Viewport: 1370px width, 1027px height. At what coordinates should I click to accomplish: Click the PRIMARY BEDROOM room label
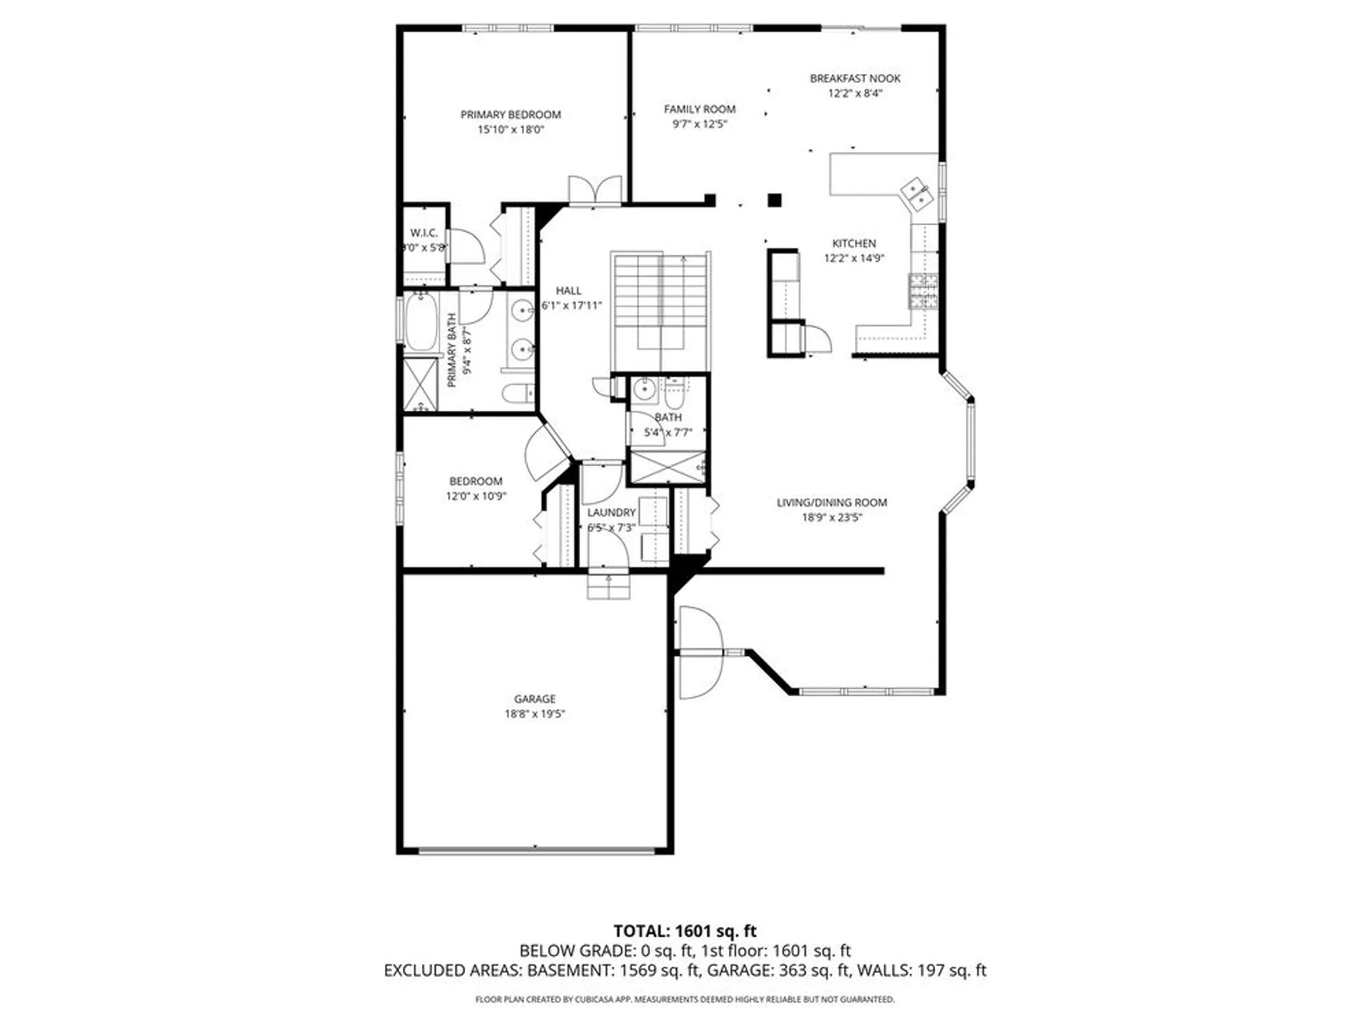pyautogui.click(x=510, y=114)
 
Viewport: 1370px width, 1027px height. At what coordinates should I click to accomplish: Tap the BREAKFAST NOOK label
pyautogui.click(x=855, y=79)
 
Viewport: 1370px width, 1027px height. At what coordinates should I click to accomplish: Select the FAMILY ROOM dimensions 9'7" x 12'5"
pyautogui.click(x=699, y=124)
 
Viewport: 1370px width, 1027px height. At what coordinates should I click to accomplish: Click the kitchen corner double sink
pyautogui.click(x=917, y=192)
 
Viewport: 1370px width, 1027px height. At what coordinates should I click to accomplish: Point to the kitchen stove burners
pyautogui.click(x=923, y=290)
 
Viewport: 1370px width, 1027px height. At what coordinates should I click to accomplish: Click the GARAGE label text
pyautogui.click(x=534, y=698)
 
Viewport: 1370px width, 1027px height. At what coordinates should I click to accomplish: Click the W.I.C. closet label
pyautogui.click(x=423, y=233)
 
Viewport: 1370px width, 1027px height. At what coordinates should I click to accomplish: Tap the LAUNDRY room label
pyautogui.click(x=611, y=512)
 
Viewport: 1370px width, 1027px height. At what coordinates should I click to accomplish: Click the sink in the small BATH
pyautogui.click(x=644, y=390)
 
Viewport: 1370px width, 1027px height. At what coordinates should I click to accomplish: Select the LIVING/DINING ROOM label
pyautogui.click(x=832, y=503)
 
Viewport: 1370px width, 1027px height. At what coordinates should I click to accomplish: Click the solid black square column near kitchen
pyautogui.click(x=774, y=200)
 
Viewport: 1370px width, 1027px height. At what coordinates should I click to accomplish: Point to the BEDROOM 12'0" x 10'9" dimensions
pyautogui.click(x=475, y=496)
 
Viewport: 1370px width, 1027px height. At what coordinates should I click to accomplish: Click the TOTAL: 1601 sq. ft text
pyautogui.click(x=684, y=931)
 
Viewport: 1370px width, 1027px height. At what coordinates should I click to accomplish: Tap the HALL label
pyautogui.click(x=569, y=290)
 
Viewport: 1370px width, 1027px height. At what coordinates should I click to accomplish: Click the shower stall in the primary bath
pyautogui.click(x=420, y=385)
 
